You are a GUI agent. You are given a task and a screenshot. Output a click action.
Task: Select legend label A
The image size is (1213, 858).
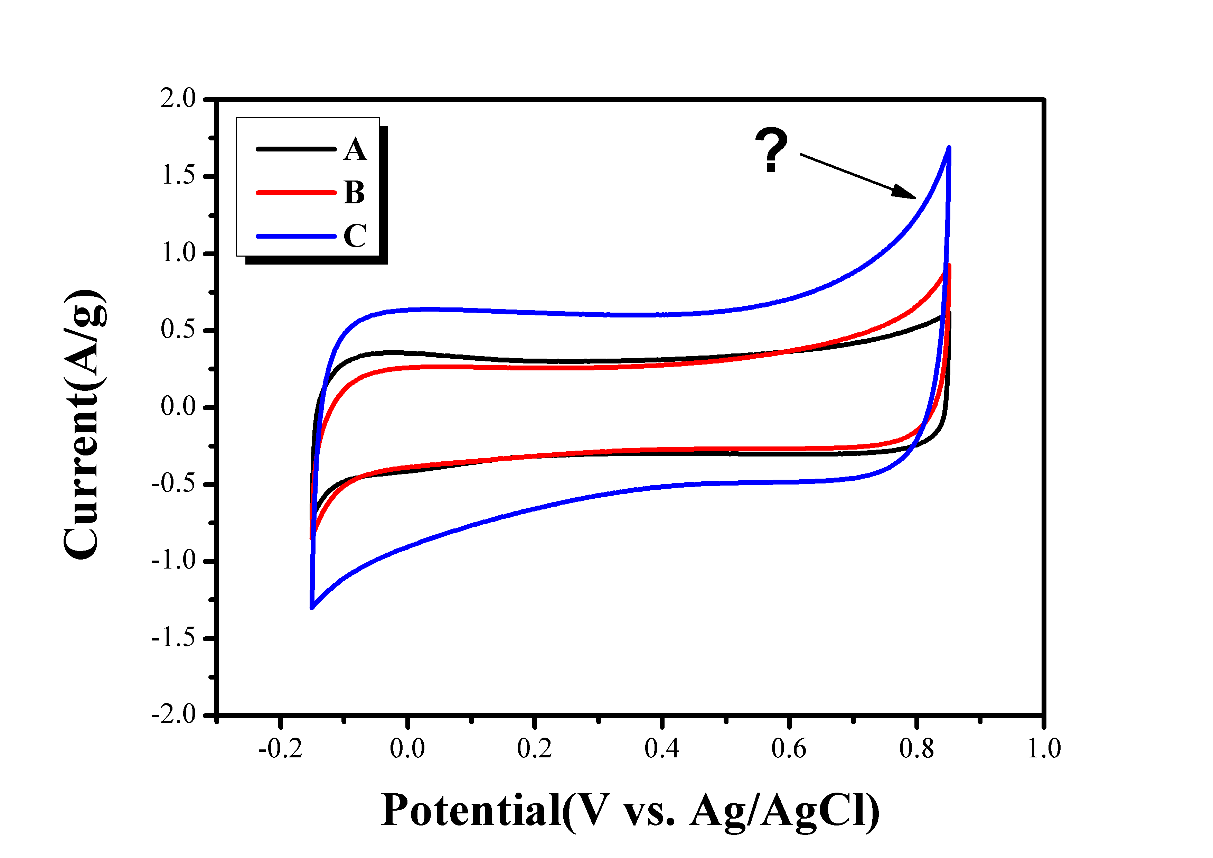[x=355, y=150]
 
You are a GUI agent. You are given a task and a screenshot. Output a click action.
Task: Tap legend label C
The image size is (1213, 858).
[x=355, y=236]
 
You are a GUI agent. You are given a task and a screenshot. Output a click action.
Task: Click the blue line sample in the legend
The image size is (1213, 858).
[x=296, y=236]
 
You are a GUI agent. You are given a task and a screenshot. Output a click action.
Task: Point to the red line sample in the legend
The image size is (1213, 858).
[x=296, y=192]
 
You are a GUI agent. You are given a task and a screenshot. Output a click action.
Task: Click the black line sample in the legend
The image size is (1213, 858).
[x=296, y=149]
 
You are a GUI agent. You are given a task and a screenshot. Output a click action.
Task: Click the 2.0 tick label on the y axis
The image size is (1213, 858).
[x=178, y=99]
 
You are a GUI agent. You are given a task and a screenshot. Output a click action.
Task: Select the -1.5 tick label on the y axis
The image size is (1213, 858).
[x=174, y=639]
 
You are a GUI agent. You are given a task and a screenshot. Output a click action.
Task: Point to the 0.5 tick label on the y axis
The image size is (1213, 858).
[x=178, y=330]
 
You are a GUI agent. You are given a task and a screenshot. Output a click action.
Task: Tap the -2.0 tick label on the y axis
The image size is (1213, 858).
[x=174, y=715]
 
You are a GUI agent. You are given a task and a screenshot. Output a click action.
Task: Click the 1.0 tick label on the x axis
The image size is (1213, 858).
[x=1043, y=749]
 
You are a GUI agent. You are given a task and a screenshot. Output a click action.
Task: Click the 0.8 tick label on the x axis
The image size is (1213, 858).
[x=916, y=749]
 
